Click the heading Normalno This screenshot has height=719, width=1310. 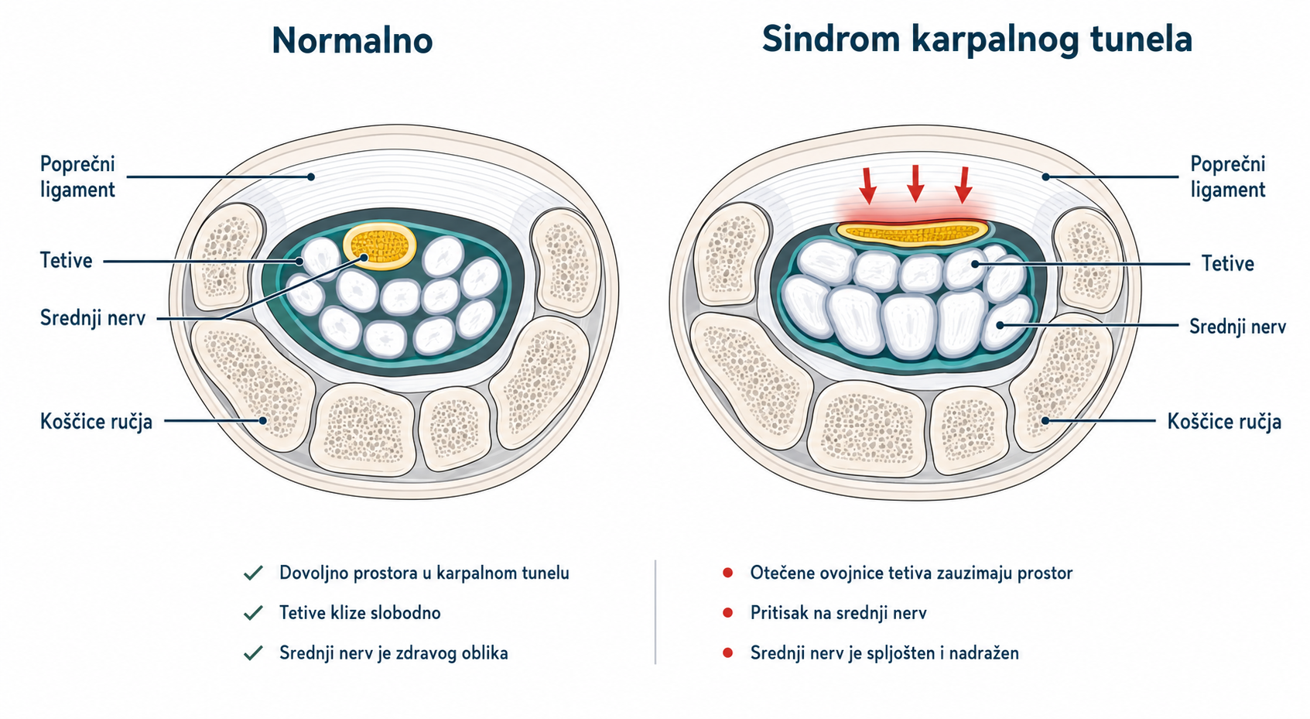tap(352, 41)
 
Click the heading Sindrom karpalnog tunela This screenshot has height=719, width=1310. tap(977, 39)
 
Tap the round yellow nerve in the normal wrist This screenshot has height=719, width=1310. tap(380, 246)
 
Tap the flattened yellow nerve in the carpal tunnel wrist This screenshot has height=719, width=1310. tap(912, 231)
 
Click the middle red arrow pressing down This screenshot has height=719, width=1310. tap(915, 183)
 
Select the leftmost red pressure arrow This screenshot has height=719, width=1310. tap(868, 185)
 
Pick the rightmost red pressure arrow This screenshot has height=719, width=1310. tap(963, 185)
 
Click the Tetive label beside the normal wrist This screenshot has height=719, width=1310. tap(66, 260)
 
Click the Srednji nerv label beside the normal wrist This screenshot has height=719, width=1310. tap(92, 318)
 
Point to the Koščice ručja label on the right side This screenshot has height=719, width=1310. tap(1224, 422)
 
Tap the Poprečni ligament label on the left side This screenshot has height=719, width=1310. tap(78, 176)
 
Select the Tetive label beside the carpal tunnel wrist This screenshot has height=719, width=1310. tap(1227, 264)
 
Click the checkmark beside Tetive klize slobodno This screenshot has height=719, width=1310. tap(253, 613)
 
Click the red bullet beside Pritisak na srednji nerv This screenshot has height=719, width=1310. tap(727, 613)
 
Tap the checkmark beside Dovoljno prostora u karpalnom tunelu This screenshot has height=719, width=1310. tap(253, 573)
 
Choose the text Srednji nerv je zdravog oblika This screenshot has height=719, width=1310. tap(394, 653)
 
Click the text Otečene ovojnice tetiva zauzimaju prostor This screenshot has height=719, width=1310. tap(912, 573)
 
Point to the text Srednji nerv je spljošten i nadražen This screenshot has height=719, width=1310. tap(884, 653)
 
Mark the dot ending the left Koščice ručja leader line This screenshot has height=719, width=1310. tap(263, 420)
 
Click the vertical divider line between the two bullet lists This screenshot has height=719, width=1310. tap(655, 612)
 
